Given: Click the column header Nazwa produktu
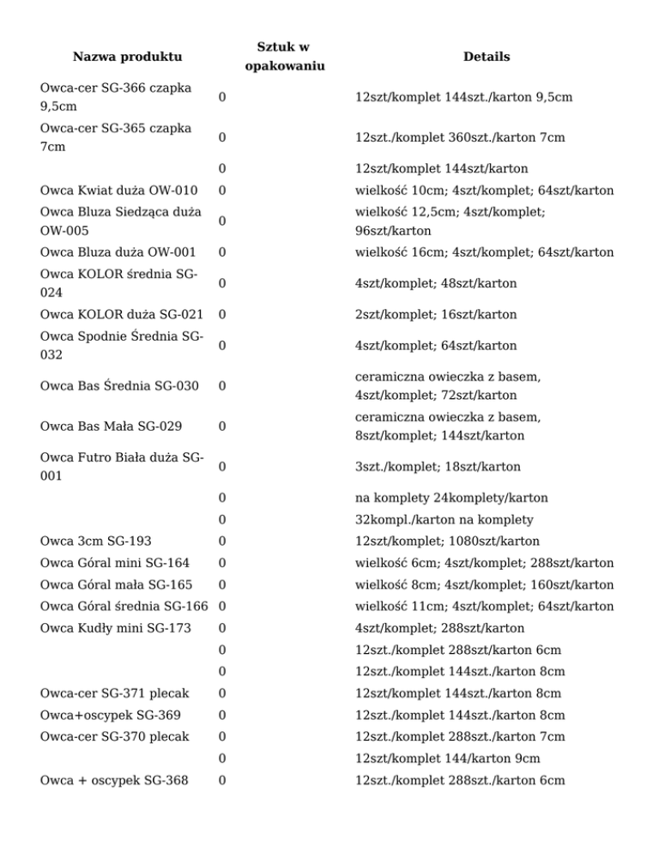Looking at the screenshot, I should (x=127, y=57).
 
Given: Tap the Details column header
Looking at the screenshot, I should (x=486, y=57).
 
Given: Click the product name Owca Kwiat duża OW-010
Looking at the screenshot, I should (x=119, y=190).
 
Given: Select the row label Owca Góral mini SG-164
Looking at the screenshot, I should (x=115, y=563).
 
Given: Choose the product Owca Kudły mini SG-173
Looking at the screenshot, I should (x=115, y=628).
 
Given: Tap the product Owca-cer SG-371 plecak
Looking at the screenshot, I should (x=114, y=693).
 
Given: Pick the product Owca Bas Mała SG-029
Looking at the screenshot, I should (x=112, y=426).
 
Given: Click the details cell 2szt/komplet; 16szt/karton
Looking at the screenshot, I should (x=435, y=314).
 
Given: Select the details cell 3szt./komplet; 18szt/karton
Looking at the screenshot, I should (x=438, y=467).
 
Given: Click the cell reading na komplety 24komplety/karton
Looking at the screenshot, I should (x=450, y=498).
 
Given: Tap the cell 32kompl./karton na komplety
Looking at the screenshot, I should (x=444, y=519).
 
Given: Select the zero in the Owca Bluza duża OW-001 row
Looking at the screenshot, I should (x=222, y=252).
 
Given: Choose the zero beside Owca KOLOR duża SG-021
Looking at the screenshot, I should (x=222, y=314).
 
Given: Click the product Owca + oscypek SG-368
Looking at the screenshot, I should (x=114, y=780).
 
